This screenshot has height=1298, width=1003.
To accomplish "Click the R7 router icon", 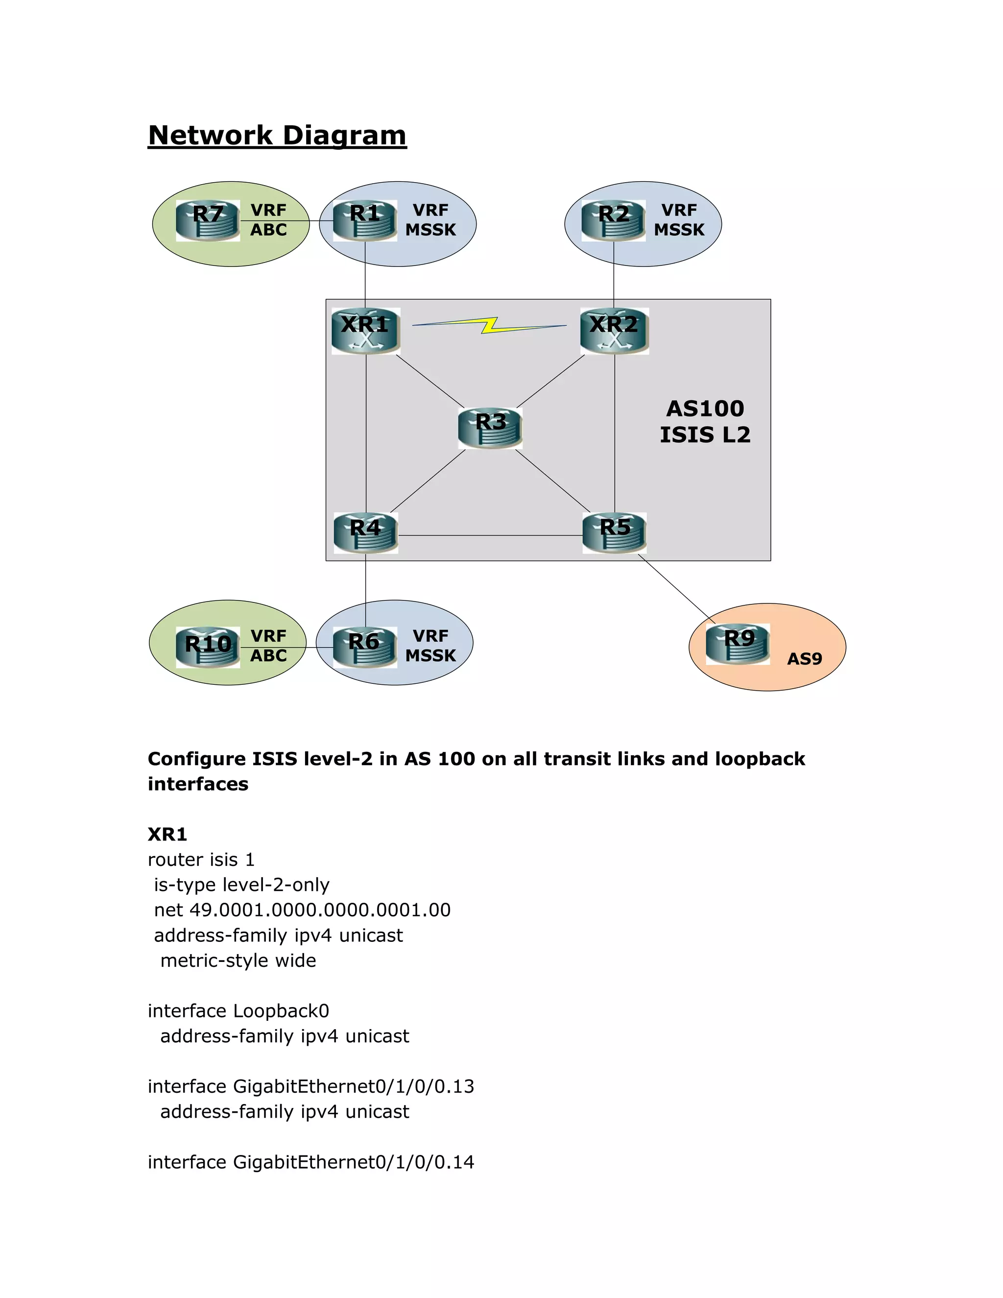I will pos(207,220).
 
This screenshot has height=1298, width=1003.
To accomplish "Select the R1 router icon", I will pos(365,220).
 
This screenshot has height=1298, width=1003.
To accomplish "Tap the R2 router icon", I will pos(613,220).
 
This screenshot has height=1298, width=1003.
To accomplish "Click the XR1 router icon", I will pos(365,331).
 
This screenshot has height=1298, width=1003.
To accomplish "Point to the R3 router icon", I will pos(490,428).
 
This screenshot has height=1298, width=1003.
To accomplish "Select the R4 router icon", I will pos(365,533).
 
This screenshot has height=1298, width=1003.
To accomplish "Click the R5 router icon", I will pos(615,533).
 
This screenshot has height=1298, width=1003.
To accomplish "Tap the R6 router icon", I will pos(365,647).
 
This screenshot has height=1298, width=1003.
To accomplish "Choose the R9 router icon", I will pos(738,644).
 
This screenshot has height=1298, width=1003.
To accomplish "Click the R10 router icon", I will pos(208,647).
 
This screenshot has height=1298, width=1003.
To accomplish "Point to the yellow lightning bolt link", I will pos(490,325).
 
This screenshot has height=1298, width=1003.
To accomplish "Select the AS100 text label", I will pos(705,409).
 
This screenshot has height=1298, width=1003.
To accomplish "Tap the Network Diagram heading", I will pos(277,136).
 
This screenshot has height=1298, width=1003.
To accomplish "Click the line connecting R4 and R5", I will pos(490,535).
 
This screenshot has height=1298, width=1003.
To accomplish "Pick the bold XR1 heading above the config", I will pos(167,835).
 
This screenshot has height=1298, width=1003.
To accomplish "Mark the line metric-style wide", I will pos(238,961).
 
